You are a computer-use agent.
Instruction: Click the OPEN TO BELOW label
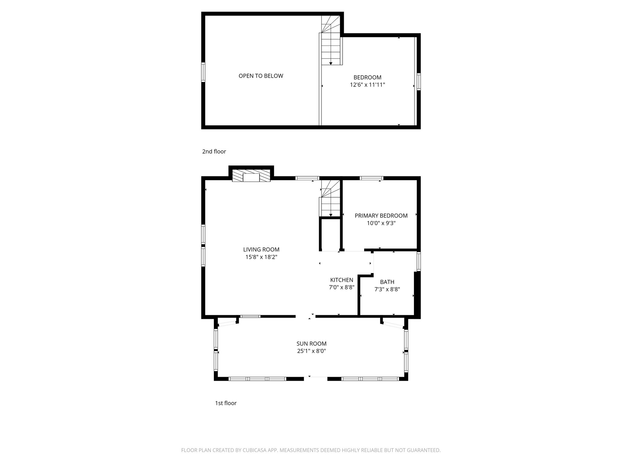[x=261, y=76]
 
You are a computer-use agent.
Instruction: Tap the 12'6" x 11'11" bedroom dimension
[x=367, y=85]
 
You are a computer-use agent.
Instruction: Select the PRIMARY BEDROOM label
[x=381, y=216]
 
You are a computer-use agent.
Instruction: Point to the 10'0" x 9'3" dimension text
[x=381, y=223]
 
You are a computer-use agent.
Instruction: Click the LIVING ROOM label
[x=261, y=250]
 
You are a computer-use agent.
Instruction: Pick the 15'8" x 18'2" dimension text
[x=261, y=257]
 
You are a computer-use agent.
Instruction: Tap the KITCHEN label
[x=342, y=280]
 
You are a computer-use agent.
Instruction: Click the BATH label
[x=387, y=282]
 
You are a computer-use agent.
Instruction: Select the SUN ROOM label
[x=311, y=344]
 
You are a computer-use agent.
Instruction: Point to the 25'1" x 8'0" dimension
[x=311, y=351]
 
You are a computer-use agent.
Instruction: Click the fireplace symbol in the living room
[x=251, y=176]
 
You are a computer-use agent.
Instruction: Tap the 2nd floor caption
[x=214, y=151]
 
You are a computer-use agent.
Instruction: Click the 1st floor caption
[x=226, y=403]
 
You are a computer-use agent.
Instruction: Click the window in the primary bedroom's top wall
[x=371, y=178]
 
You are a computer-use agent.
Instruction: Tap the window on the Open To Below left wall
[x=203, y=72]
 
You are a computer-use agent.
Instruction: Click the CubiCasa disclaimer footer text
[x=311, y=451]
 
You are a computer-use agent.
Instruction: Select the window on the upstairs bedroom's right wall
[x=419, y=82]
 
